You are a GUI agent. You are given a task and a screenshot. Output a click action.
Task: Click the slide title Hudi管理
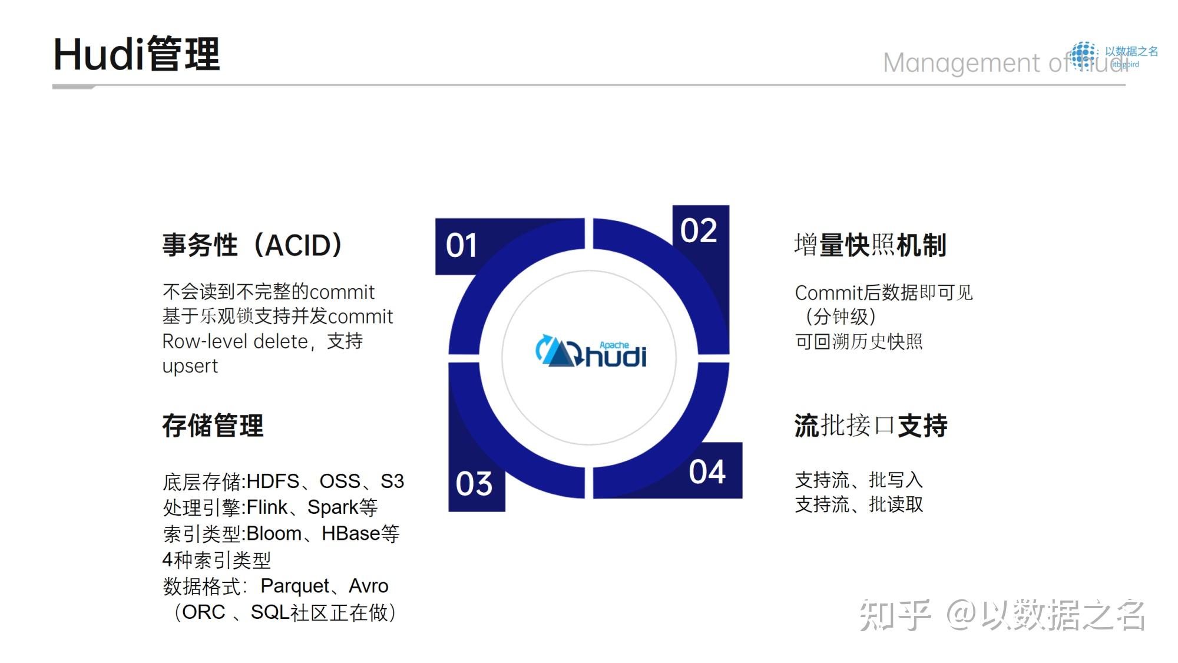tap(137, 54)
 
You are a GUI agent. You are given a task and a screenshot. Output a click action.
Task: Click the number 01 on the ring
tap(461, 246)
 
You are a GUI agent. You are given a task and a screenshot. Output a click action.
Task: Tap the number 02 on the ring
tap(699, 230)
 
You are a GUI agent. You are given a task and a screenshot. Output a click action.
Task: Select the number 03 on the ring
tap(474, 484)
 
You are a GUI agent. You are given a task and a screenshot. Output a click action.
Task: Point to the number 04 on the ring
tap(707, 472)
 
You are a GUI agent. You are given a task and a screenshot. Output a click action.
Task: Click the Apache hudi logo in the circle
tap(591, 352)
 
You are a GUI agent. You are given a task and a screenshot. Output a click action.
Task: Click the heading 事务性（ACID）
tap(252, 245)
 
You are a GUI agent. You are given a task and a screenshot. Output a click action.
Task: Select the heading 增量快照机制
tap(870, 245)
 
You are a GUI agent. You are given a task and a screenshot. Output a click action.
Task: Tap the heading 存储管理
tap(213, 425)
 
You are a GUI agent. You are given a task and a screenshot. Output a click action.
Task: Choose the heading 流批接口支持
tap(871, 425)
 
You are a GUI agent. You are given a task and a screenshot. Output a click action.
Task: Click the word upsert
tap(190, 367)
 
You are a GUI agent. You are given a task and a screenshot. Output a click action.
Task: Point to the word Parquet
tap(294, 586)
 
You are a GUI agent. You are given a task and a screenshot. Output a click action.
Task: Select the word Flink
tap(266, 507)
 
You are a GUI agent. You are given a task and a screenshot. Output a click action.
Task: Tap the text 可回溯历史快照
tap(858, 342)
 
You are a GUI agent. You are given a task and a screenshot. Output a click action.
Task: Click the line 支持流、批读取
tap(858, 504)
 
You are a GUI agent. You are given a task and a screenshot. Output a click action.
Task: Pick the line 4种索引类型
tap(216, 560)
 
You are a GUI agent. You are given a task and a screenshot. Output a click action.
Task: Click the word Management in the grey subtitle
tap(961, 63)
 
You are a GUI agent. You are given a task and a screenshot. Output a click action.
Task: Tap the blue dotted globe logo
tap(1084, 55)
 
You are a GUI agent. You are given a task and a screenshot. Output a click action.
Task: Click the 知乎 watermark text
tap(895, 615)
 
